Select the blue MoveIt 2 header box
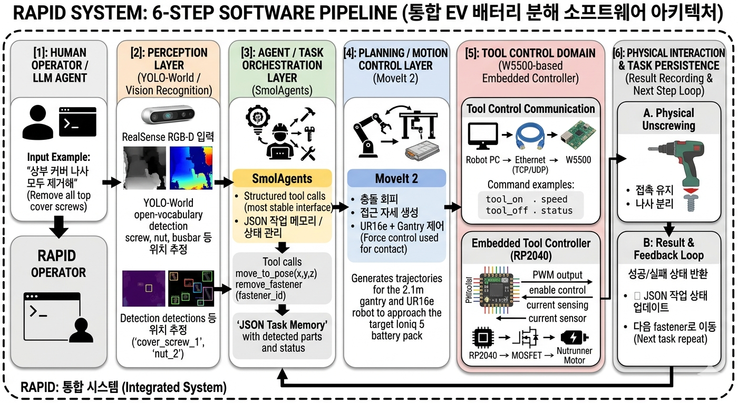(396, 178)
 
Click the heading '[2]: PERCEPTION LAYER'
(169, 59)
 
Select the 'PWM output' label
(557, 275)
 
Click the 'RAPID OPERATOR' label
(58, 263)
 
